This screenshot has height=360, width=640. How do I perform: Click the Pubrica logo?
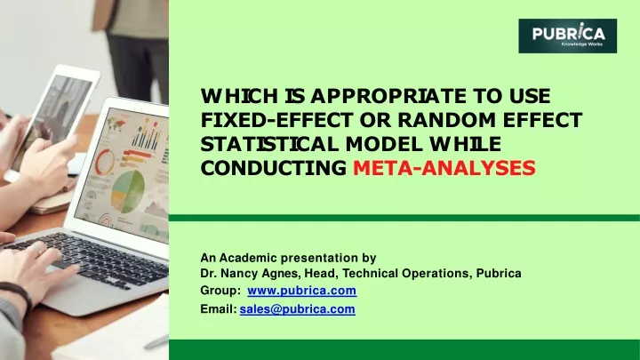[x=567, y=36]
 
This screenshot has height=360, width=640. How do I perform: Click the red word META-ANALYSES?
[x=444, y=168]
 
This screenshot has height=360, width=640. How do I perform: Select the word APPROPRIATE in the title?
[x=388, y=96]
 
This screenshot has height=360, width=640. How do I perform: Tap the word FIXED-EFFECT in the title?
[x=276, y=120]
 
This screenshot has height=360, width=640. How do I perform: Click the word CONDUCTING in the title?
[x=274, y=168]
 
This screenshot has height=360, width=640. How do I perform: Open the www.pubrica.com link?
[x=301, y=290]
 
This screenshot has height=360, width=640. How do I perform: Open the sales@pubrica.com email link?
[x=297, y=309]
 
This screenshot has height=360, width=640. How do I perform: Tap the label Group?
[x=220, y=291]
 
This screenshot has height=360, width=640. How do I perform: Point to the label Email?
[x=219, y=309]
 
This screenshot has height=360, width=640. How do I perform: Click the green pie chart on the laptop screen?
[x=128, y=192]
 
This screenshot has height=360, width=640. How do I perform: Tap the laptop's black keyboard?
[x=94, y=259]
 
